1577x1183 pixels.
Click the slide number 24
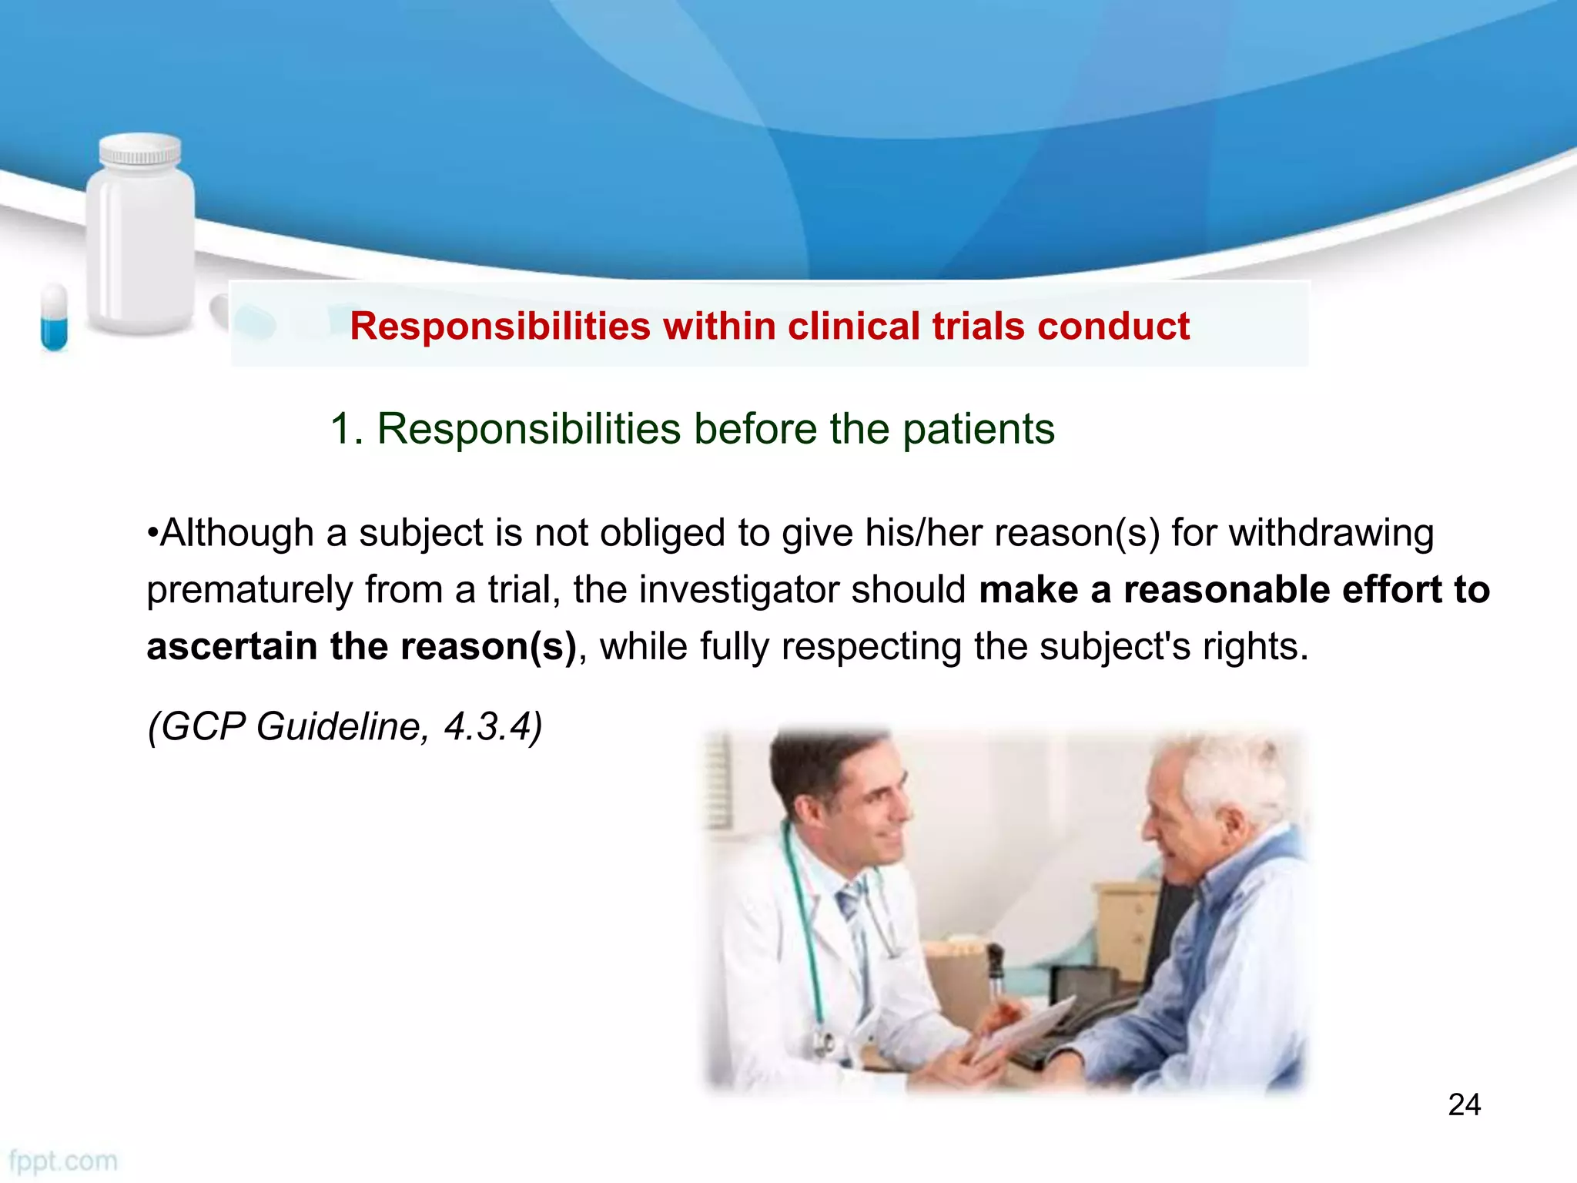[x=1464, y=1104]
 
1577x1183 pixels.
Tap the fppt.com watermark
[x=63, y=1161]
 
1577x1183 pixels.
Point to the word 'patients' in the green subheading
[x=978, y=429]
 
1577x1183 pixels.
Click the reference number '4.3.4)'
[x=493, y=726]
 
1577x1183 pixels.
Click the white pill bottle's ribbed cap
[x=140, y=149]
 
